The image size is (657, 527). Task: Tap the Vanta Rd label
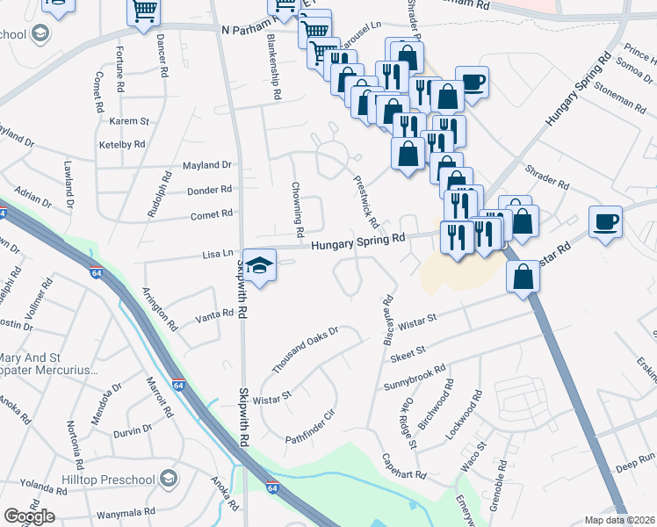(213, 315)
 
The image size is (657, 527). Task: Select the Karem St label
(130, 120)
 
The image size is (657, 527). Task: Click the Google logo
(29, 516)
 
